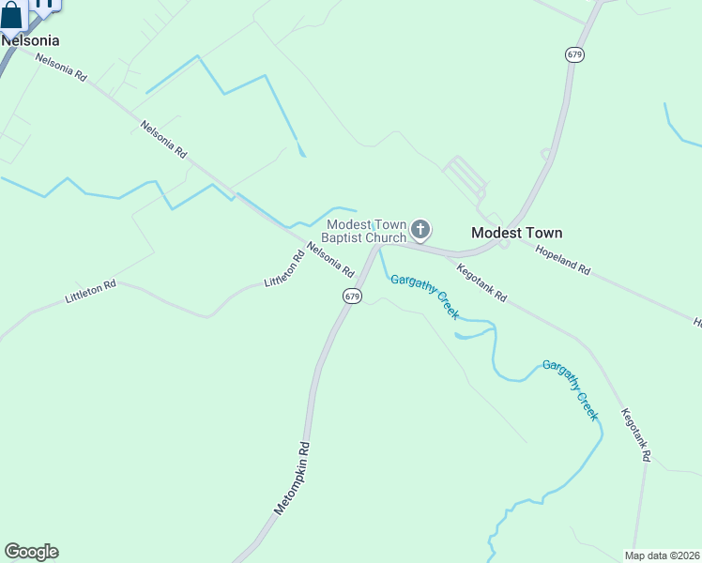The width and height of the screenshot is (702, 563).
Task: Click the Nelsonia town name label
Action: coord(30,40)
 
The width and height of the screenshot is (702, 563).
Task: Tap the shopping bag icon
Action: coord(11,17)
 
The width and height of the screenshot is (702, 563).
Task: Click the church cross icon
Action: coord(421,229)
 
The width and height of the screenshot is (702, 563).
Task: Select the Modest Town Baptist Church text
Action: coord(367,231)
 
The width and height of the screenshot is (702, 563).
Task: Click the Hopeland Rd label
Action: coord(563,259)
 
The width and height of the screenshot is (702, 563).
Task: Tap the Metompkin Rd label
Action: coord(292,478)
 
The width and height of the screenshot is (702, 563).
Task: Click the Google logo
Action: coord(31,552)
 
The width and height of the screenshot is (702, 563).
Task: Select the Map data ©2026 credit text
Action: coord(662,555)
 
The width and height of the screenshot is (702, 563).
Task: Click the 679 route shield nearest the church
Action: coord(352,297)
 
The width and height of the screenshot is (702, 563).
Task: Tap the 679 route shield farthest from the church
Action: coord(574,54)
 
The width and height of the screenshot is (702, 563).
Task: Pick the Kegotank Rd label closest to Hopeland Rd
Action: coord(481,282)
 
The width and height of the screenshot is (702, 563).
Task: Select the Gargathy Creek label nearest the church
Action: coord(424,297)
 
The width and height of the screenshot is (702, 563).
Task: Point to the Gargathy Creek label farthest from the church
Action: coord(570,388)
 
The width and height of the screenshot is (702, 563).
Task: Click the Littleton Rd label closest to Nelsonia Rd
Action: coord(284,268)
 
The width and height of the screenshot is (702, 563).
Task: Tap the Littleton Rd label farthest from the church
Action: coord(90,290)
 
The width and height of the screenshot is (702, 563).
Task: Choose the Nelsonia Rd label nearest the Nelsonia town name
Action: coord(61,68)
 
